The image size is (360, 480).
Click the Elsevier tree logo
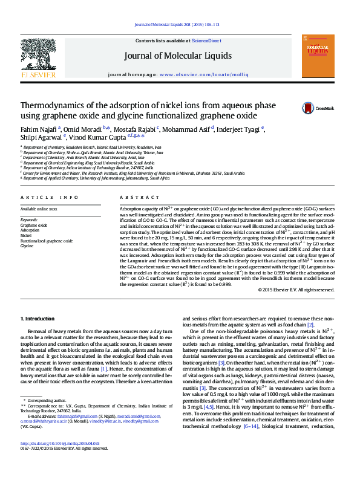click(39, 58)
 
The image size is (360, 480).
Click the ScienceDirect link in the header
click(206, 41)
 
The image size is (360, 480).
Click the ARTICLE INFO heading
click(49, 198)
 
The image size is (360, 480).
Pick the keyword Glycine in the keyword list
click(27, 246)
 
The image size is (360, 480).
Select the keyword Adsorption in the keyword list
click(30, 230)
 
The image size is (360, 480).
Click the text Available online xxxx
click(39, 209)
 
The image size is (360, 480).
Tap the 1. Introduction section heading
click(38, 319)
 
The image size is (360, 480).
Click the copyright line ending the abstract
click(296, 290)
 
